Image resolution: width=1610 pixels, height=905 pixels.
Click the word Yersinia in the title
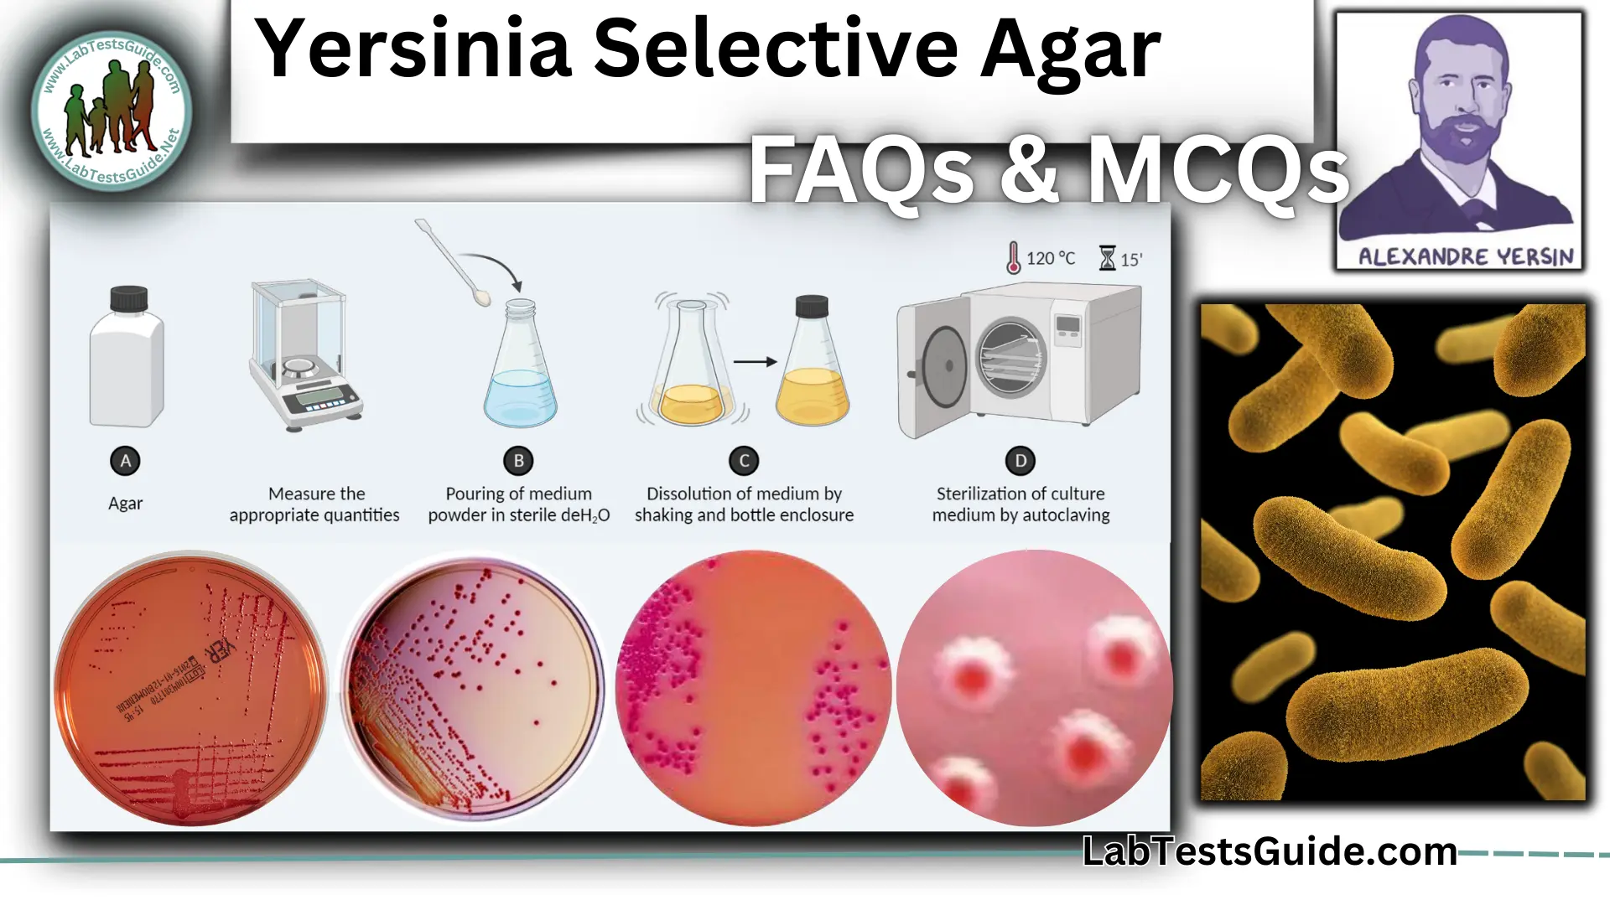414,50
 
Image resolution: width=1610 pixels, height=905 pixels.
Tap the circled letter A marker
126,461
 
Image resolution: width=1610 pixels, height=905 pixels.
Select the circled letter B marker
518,461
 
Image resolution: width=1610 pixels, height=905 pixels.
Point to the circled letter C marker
744,461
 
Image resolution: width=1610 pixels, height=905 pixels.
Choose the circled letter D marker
1021,461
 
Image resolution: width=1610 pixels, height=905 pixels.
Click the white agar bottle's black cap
128,298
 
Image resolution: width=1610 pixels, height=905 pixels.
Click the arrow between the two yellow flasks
755,362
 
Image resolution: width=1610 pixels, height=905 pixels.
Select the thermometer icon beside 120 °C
1014,258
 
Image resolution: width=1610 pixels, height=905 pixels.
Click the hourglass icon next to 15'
1108,258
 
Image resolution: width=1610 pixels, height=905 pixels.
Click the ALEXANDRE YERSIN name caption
1466,256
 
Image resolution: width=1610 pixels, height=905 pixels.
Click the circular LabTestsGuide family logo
112,110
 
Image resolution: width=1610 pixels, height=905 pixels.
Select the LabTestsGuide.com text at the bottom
1270,851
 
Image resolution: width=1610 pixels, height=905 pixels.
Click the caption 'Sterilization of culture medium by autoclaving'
1021,504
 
